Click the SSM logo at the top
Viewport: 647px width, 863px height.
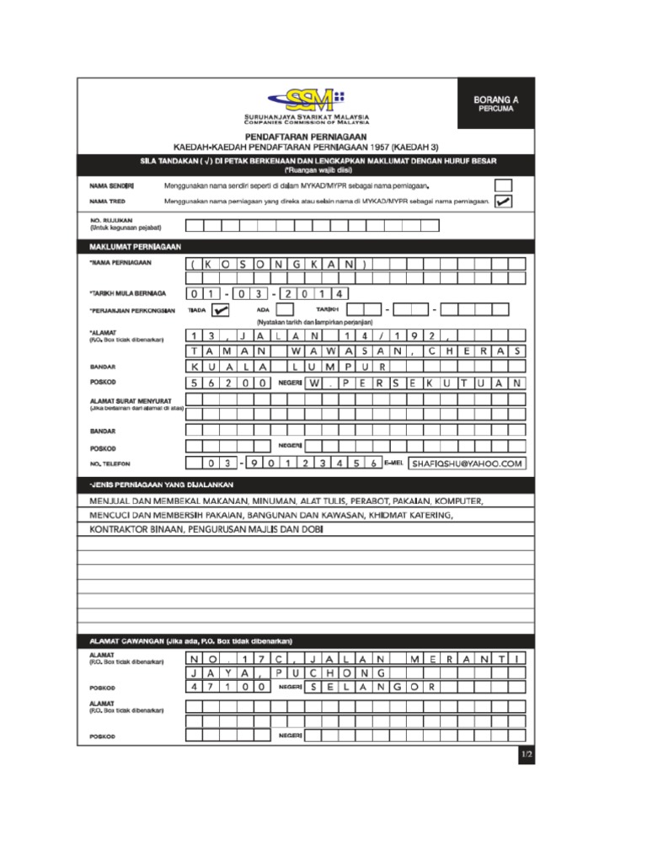pyautogui.click(x=311, y=99)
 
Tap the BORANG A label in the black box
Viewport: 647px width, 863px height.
pyautogui.click(x=496, y=99)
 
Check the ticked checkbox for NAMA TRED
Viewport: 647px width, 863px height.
pyautogui.click(x=503, y=201)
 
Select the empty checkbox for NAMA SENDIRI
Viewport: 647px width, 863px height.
pyautogui.click(x=503, y=185)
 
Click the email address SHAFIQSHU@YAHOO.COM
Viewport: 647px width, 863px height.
pyautogui.click(x=468, y=463)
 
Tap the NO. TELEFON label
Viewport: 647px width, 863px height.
pyautogui.click(x=110, y=464)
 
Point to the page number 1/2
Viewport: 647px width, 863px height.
pyautogui.click(x=527, y=754)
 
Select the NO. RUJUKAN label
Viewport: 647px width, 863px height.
pyautogui.click(x=106, y=221)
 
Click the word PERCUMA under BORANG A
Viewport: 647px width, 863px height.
pyautogui.click(x=496, y=110)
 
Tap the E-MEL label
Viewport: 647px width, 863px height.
pyautogui.click(x=394, y=463)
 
